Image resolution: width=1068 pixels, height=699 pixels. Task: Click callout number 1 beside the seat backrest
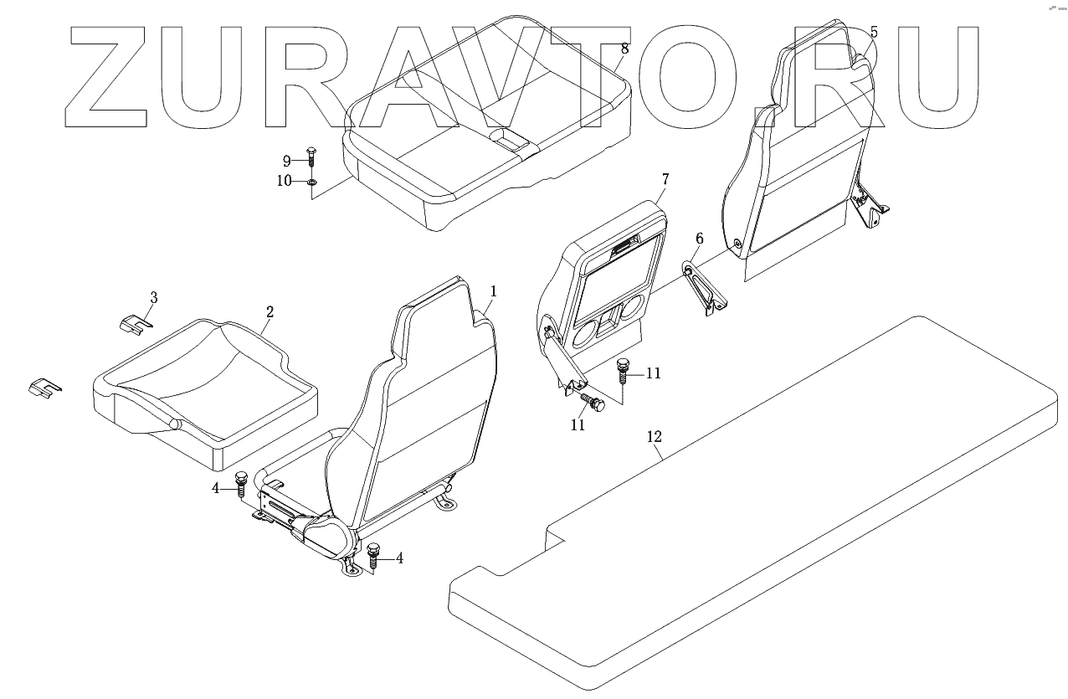pos(494,291)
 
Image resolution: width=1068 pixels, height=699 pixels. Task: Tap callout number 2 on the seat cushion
pos(270,312)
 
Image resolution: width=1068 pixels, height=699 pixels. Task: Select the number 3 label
pos(153,297)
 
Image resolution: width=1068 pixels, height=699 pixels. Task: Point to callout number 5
pos(874,33)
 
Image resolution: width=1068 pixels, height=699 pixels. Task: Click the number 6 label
pos(700,240)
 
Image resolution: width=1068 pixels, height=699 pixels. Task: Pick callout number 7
pos(665,179)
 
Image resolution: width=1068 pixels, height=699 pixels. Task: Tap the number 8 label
pos(624,49)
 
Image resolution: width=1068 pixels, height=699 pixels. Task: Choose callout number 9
pos(286,160)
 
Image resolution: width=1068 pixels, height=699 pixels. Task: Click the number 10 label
pos(285,181)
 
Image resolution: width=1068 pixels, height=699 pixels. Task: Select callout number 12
pos(655,436)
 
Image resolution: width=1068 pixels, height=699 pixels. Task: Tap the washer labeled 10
pos(311,182)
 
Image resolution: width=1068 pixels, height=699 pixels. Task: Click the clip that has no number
pos(44,388)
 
